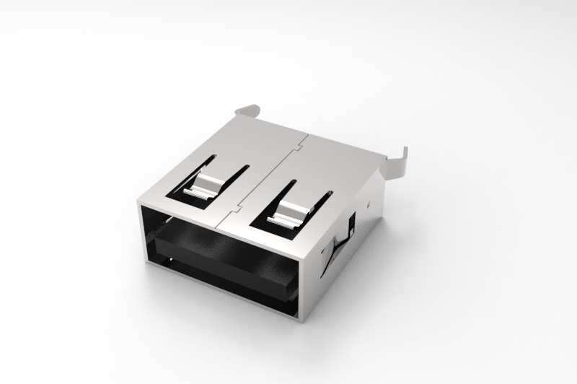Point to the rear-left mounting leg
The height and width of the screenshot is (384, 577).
[247, 110]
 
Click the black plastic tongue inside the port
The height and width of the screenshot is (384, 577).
[224, 260]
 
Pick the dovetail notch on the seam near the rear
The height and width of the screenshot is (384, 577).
[296, 149]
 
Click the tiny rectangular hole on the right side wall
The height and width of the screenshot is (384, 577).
[368, 205]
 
